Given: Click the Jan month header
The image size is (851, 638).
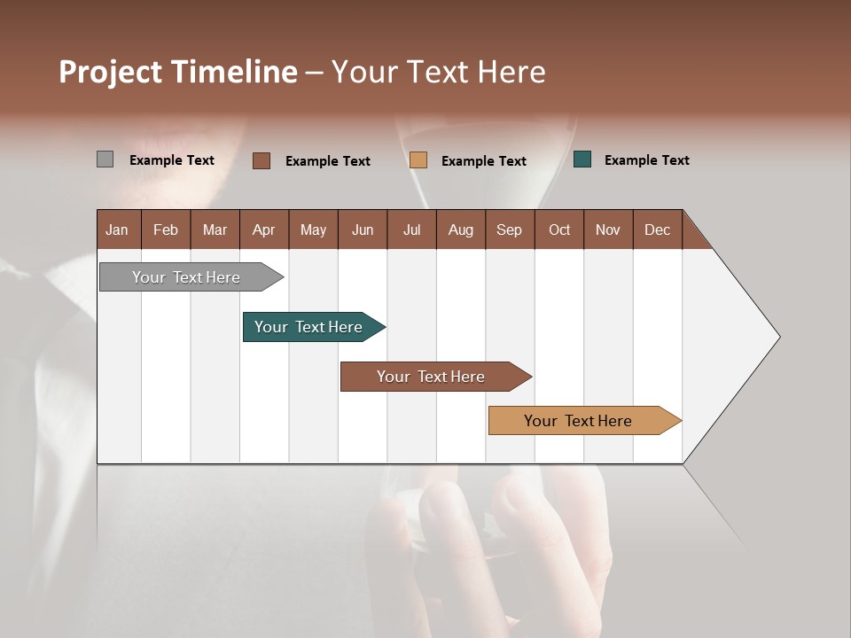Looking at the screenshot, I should (117, 230).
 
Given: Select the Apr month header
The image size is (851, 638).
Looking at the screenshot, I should (263, 230).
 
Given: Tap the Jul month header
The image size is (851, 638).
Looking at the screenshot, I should (411, 230).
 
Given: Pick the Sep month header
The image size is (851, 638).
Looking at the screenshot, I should (509, 230).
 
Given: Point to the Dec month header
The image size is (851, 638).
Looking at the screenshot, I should (657, 230).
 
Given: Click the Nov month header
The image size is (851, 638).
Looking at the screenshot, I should (607, 230).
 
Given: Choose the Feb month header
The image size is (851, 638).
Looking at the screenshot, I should (166, 230).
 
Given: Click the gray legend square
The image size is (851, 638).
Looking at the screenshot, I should (105, 159).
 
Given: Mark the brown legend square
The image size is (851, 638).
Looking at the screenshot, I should (262, 160).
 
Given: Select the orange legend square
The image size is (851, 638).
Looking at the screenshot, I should (418, 159).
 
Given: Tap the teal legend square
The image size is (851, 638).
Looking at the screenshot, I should (582, 159).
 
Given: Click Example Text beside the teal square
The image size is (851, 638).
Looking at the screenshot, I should (646, 160).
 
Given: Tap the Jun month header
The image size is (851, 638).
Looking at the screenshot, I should (362, 230).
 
